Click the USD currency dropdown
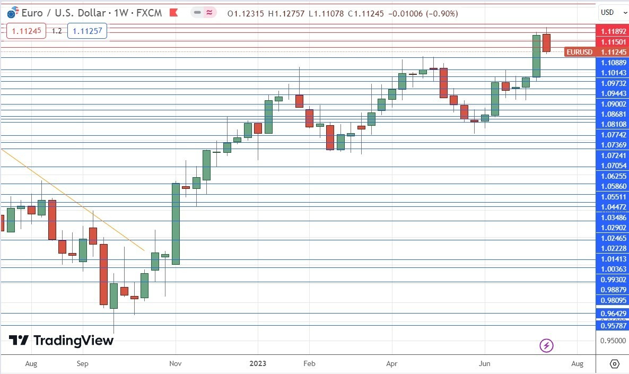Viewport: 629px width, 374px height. pos(610,12)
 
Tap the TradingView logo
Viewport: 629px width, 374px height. pos(61,340)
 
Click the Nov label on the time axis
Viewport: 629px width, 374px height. pos(175,363)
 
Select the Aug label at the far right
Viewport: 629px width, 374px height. pos(578,363)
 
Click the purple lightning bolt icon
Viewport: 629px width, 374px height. pos(546,346)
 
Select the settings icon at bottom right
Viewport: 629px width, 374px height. pos(614,363)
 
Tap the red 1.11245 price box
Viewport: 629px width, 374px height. pos(23,31)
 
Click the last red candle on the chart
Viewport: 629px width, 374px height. pos(546,43)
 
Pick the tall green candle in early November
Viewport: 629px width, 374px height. pos(176,223)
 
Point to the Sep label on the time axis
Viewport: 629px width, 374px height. pos(82,363)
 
